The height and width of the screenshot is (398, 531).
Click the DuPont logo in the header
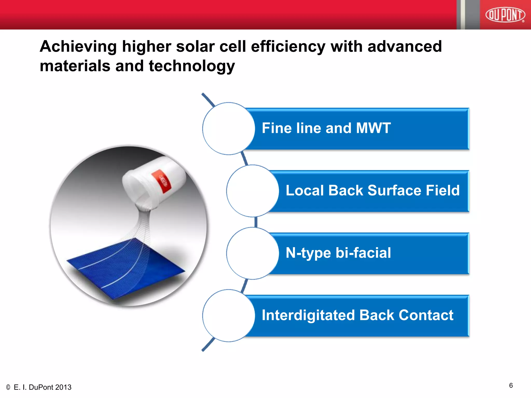pyautogui.click(x=505, y=15)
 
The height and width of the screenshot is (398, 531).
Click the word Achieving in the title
pyautogui.click(x=78, y=47)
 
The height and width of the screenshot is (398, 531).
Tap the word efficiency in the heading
pyautogui.click(x=288, y=47)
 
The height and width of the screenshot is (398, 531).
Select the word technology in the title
pyautogui.click(x=192, y=66)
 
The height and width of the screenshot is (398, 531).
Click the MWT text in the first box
pyautogui.click(x=373, y=128)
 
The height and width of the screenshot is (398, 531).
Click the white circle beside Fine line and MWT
pyautogui.click(x=228, y=129)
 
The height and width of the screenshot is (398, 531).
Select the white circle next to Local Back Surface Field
pyautogui.click(x=252, y=191)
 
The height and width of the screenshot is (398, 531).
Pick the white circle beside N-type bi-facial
pyautogui.click(x=252, y=253)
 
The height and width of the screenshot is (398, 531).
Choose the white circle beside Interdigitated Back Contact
pyautogui.click(x=228, y=316)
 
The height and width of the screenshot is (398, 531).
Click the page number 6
pyautogui.click(x=511, y=386)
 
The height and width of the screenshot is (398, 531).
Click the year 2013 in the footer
pyautogui.click(x=63, y=387)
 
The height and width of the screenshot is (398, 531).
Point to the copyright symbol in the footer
pyautogui.click(x=8, y=387)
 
